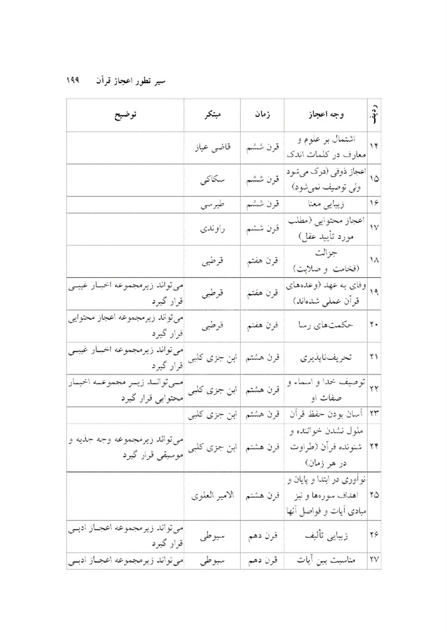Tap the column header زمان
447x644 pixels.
pyautogui.click(x=257, y=117)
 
